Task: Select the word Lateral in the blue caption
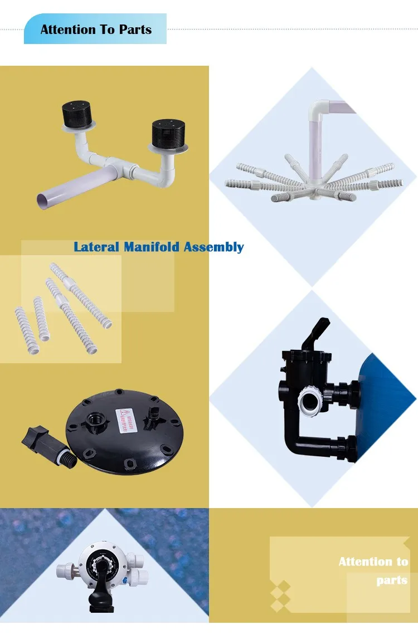(96, 247)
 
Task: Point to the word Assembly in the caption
(213, 247)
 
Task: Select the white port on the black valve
(308, 399)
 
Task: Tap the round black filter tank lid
(120, 435)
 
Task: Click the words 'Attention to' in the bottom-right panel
(373, 562)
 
